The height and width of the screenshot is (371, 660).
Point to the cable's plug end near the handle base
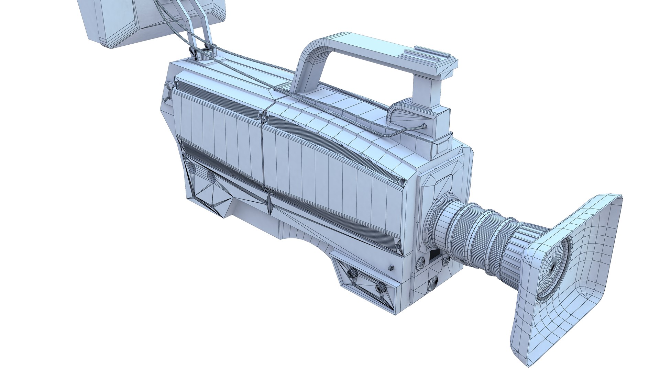tap(424, 126)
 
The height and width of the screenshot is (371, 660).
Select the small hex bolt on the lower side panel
tap(390, 267)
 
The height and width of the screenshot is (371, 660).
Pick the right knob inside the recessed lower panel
tap(380, 287)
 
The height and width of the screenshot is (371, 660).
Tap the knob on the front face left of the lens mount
tap(420, 264)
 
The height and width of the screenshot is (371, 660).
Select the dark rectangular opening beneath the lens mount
tap(434, 256)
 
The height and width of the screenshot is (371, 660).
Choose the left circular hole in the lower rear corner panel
tap(192, 168)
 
